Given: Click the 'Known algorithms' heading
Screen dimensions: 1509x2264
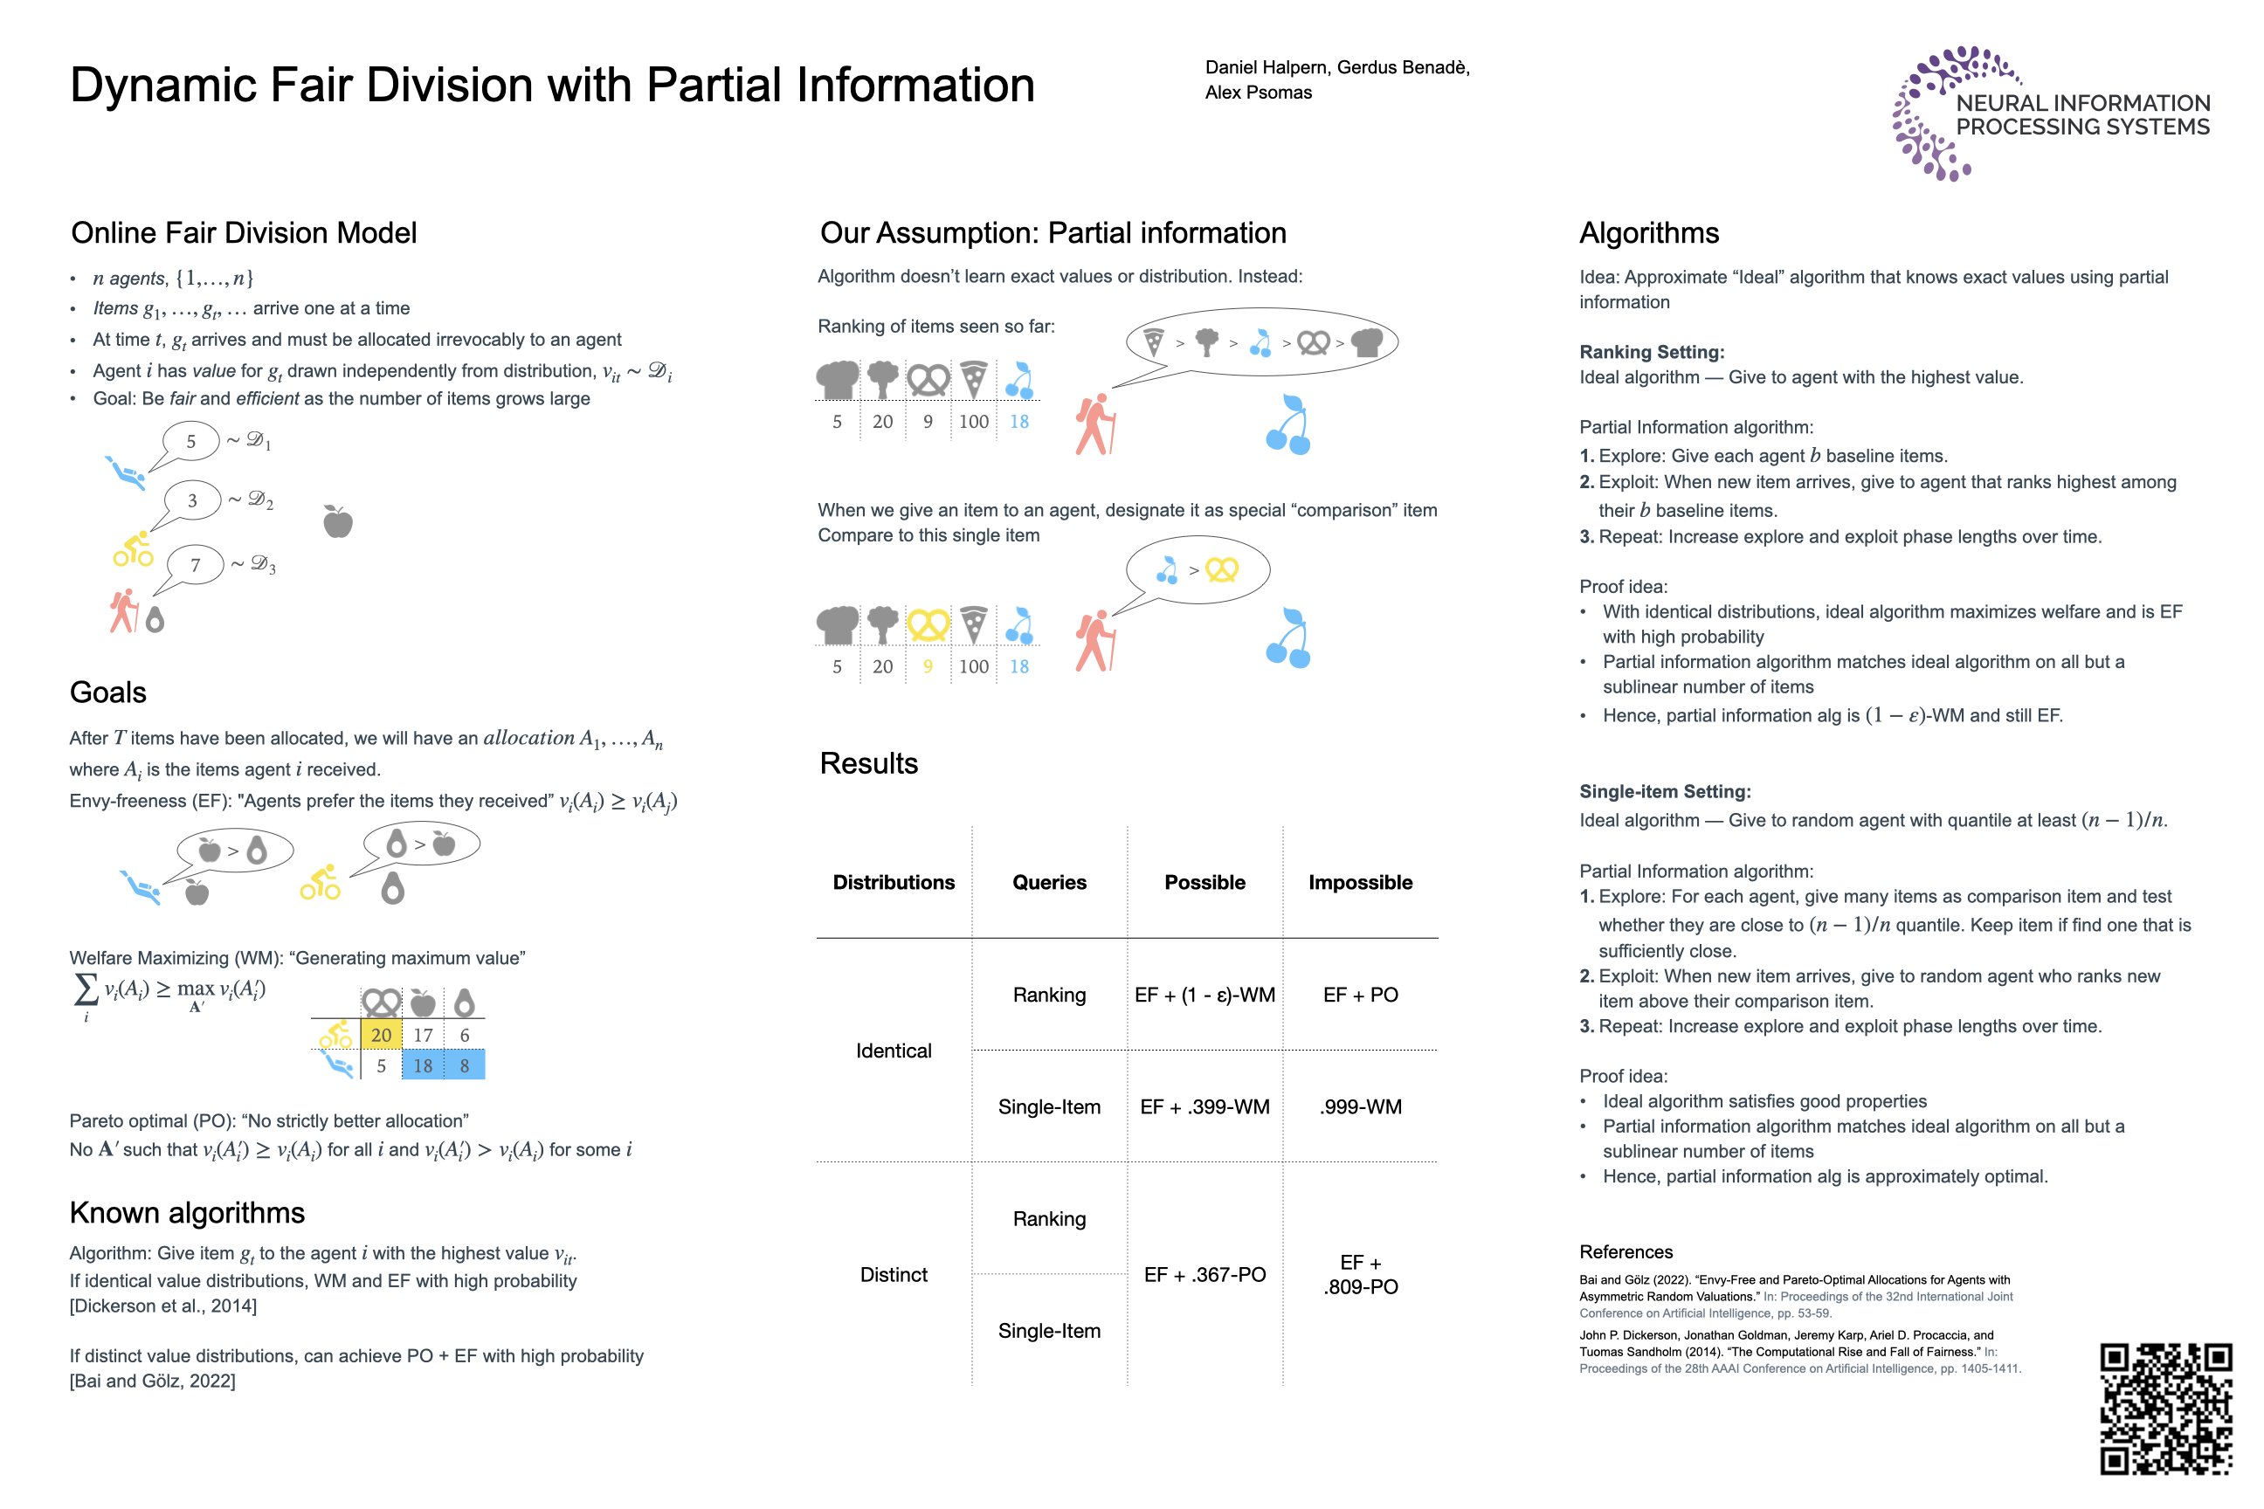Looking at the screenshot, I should point(187,1213).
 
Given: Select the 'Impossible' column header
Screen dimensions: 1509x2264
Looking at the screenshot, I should point(1360,883).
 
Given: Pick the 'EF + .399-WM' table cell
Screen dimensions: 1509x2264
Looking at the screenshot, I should point(1204,1106).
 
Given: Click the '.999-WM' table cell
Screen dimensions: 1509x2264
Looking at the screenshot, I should point(1360,1106).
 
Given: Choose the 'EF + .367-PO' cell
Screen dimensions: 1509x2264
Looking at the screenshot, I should point(1204,1274).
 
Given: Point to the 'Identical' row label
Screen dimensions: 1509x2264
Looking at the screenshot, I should point(894,1051).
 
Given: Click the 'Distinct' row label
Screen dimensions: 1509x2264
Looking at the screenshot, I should point(894,1274).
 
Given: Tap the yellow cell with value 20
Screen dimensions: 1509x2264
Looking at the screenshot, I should point(381,1036).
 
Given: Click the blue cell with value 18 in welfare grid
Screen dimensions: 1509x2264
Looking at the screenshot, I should point(423,1065).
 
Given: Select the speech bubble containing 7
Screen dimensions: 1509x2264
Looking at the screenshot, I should point(196,565).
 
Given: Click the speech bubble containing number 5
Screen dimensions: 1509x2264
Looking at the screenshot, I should point(190,442).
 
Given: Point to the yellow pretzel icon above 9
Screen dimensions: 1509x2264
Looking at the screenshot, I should point(928,624).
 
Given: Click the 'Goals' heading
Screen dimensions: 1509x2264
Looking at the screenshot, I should point(107,692).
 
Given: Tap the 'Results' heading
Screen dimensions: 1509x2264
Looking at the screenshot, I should point(868,763).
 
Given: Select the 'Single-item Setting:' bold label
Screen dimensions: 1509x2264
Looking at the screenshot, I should point(1664,791).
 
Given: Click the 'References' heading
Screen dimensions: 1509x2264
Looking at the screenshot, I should point(1626,1251).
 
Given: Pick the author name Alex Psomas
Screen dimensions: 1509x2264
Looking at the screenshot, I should point(1258,93).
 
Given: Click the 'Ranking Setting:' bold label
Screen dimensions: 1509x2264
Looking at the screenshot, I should point(1651,352).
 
